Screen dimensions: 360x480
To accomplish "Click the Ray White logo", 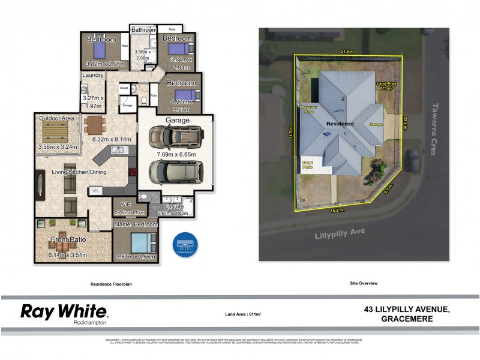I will (x=64, y=313).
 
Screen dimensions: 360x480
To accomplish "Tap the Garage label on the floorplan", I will (x=175, y=120).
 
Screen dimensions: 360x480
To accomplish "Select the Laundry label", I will (x=92, y=76).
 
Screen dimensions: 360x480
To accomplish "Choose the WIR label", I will (x=125, y=204).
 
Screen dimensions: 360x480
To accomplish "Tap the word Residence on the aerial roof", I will (x=340, y=124).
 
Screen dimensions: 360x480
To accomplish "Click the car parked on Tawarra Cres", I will (x=413, y=160).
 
